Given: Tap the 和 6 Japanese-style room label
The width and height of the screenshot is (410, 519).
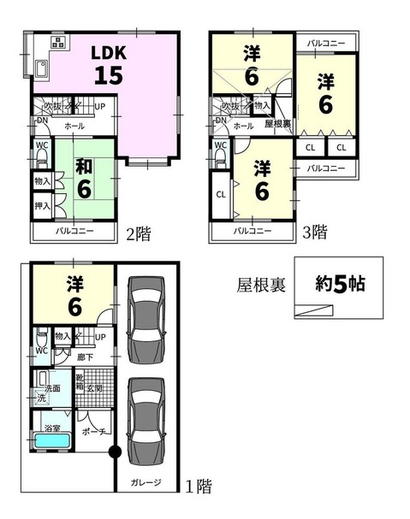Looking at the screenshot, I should (84, 177).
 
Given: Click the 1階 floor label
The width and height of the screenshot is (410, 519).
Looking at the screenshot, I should (199, 487).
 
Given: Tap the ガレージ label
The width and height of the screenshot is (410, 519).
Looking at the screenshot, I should (146, 483).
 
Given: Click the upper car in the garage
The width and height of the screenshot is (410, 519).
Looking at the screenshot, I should (145, 318).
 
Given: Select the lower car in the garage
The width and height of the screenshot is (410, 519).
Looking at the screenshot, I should (145, 417).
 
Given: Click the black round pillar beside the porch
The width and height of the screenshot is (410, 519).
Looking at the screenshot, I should (110, 453).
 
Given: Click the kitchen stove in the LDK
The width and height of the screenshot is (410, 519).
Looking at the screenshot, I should (57, 42).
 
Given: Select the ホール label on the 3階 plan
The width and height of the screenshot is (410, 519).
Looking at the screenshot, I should (242, 126).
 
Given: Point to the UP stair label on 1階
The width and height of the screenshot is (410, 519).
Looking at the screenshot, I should (101, 337).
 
